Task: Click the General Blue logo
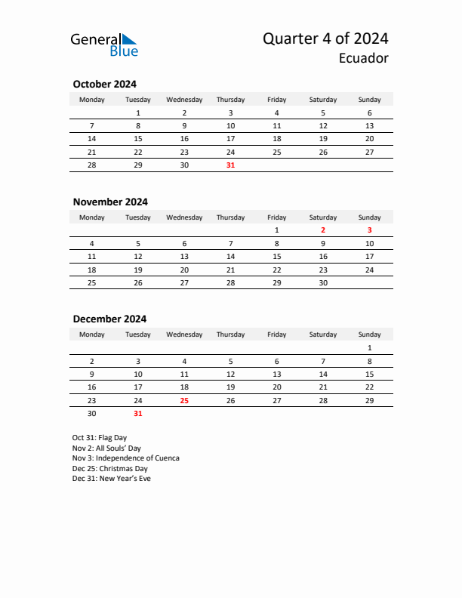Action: click(104, 45)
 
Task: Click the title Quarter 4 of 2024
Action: click(325, 39)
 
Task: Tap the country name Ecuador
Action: click(364, 58)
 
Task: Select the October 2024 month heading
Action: click(104, 84)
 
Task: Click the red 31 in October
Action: click(230, 165)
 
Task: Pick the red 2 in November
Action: click(323, 230)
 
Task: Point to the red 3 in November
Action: click(369, 230)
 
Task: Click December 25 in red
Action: click(184, 400)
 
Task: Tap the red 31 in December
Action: click(137, 414)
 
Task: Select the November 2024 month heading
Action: click(110, 202)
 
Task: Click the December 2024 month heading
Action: click(109, 319)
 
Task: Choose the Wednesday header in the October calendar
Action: click(184, 100)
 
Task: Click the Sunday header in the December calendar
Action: click(369, 334)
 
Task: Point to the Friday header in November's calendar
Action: click(277, 217)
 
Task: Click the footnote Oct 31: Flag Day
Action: click(100, 438)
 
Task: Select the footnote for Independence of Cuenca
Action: click(126, 458)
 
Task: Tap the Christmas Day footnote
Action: click(110, 468)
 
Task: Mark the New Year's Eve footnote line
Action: click(112, 479)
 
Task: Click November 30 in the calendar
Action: click(323, 283)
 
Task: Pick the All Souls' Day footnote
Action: click(106, 448)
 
